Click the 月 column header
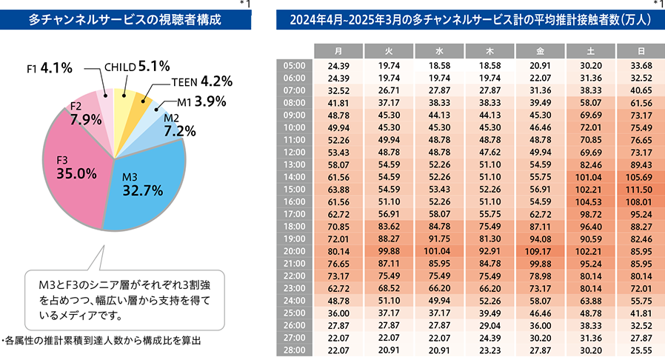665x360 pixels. point(338,51)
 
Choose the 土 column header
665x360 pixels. point(589,51)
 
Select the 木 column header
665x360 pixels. point(489,51)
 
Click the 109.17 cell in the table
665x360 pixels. point(539,251)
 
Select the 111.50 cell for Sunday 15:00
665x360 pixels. point(640,189)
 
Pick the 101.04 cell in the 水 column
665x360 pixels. point(438,251)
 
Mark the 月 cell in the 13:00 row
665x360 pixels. point(338,164)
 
